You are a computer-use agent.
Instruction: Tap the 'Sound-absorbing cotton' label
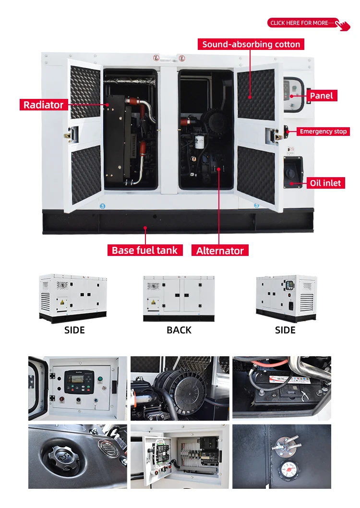pyautogui.click(x=251, y=45)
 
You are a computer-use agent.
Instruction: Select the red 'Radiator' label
pyautogui.click(x=44, y=105)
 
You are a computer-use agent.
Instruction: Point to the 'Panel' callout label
pyautogui.click(x=321, y=96)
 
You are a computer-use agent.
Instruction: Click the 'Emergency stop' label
pyautogui.click(x=323, y=131)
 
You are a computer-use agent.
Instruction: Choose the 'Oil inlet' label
pyautogui.click(x=325, y=182)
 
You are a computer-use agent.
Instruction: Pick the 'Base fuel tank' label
pyautogui.click(x=144, y=250)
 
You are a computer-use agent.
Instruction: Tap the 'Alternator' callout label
pyautogui.click(x=220, y=251)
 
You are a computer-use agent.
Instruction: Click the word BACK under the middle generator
pyautogui.click(x=179, y=330)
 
